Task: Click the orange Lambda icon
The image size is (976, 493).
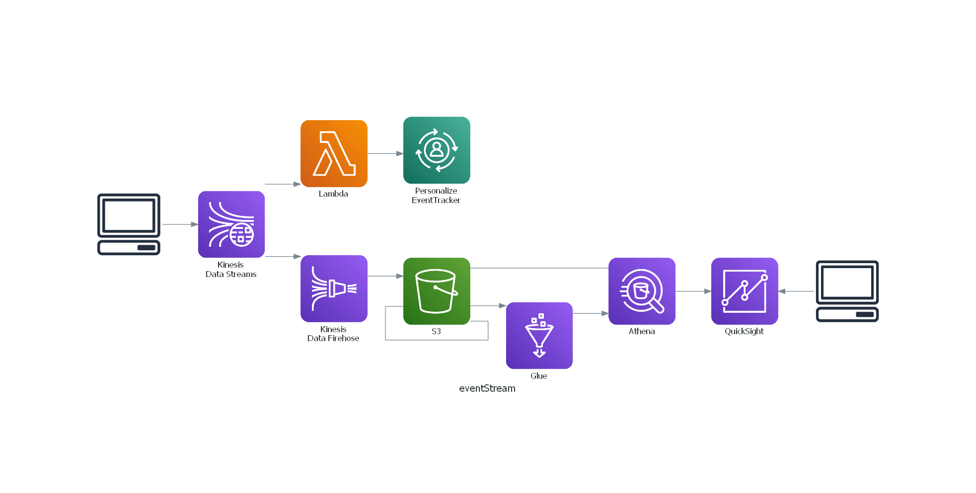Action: click(334, 153)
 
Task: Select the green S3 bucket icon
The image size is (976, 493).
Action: click(437, 291)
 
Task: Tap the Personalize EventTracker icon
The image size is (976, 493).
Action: click(437, 150)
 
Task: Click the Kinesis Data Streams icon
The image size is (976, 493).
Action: click(231, 224)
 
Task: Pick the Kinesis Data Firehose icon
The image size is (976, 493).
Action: click(334, 288)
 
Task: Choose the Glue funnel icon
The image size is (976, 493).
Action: click(539, 336)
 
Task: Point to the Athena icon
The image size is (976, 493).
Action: click(642, 291)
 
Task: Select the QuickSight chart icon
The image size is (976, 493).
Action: click(745, 291)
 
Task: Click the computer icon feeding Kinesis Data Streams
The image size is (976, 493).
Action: click(129, 224)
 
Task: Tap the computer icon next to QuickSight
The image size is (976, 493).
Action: click(847, 291)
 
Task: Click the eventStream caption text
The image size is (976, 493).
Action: click(487, 388)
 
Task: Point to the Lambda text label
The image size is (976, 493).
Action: click(333, 194)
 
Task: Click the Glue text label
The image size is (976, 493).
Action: click(539, 376)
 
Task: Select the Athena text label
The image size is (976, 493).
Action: click(642, 331)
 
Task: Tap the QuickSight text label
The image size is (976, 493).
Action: click(744, 332)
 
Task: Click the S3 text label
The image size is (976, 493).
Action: click(436, 331)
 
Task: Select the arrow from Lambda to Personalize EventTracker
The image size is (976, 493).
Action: click(385, 153)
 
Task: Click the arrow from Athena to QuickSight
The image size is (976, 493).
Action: click(693, 291)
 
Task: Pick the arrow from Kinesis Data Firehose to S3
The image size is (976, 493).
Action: click(385, 276)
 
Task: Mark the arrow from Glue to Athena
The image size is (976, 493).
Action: click(591, 314)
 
